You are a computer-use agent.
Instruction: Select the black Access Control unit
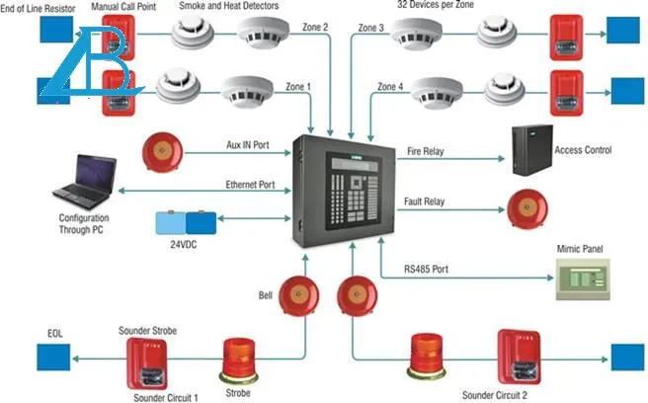pos(531,152)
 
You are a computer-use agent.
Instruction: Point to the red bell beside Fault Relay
pos(526,207)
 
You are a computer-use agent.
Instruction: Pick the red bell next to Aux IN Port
pos(163,151)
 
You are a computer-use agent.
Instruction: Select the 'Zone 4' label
pos(390,87)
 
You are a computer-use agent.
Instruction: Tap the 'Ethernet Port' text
pos(249,185)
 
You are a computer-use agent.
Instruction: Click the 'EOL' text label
pos(54,334)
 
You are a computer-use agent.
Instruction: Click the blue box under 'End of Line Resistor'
pos(54,32)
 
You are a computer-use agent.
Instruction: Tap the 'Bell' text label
pos(265,295)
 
